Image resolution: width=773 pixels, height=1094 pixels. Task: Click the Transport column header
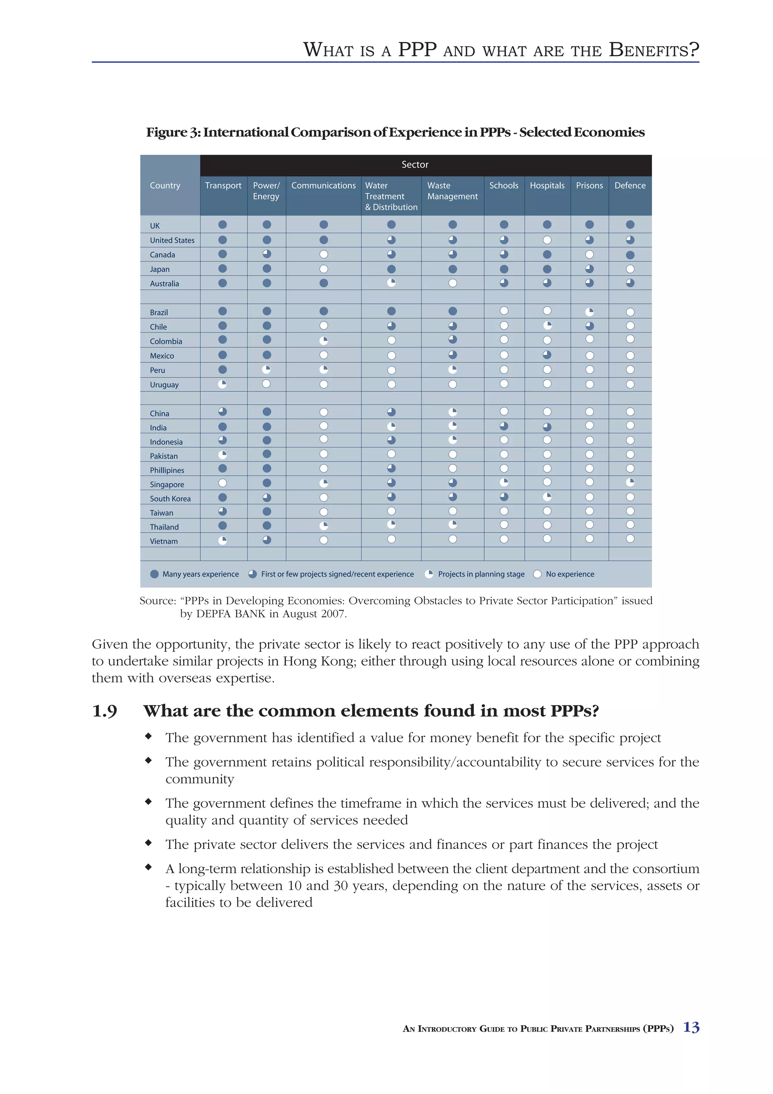coord(223,185)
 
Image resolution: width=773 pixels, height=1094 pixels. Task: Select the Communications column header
coord(323,185)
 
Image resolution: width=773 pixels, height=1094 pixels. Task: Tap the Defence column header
coord(630,185)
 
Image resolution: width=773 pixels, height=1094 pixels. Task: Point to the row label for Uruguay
coord(164,385)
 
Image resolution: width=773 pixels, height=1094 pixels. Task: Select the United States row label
coord(172,240)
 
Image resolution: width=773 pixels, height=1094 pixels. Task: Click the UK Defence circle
coord(630,224)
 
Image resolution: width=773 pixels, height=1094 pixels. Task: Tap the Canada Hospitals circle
coord(547,254)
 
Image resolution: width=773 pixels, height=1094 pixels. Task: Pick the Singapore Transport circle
coord(222,483)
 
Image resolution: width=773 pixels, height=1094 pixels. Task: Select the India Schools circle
coord(504,426)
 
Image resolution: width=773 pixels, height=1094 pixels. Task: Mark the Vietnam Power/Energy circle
coord(267,540)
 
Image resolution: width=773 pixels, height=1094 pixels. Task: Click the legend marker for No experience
coord(537,574)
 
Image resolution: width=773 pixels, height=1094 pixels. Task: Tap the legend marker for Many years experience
coord(154,574)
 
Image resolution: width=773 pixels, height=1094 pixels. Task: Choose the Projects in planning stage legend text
coord(481,574)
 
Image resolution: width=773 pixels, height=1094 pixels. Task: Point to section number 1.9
coord(104,711)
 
